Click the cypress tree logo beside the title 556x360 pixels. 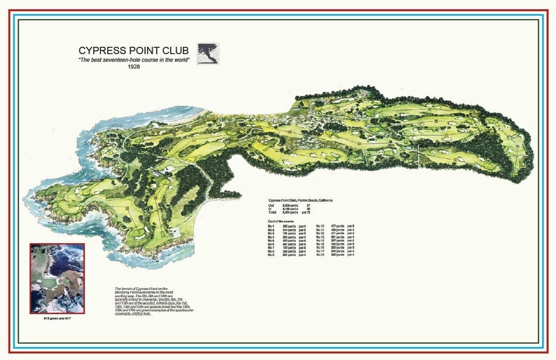(x=208, y=53)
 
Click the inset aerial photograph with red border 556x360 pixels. (x=57, y=279)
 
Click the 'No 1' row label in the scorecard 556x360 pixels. (x=272, y=226)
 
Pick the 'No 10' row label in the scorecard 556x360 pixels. (x=320, y=226)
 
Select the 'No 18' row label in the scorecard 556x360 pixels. (x=320, y=255)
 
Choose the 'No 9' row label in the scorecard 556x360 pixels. (x=272, y=255)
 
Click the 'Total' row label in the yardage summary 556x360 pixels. (x=273, y=212)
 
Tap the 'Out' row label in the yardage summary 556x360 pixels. (x=272, y=205)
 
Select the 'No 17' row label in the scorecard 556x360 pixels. (x=320, y=251)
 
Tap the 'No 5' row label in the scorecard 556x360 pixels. (x=272, y=240)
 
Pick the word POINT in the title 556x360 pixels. (x=143, y=51)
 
